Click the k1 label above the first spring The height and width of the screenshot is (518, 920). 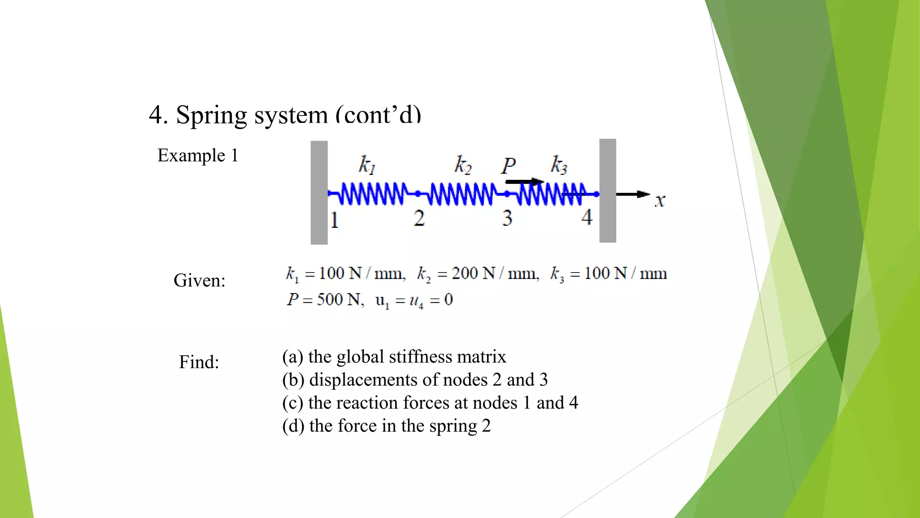(367, 165)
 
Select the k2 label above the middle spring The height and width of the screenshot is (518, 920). (463, 165)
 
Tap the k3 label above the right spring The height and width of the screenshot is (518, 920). (559, 165)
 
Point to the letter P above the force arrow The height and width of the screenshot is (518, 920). (509, 166)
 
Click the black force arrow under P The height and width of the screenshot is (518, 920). (524, 182)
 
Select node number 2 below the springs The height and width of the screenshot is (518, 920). (419, 219)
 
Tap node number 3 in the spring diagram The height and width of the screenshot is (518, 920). (507, 219)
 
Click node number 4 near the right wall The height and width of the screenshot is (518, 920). (587, 218)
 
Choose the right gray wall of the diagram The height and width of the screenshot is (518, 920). (608, 191)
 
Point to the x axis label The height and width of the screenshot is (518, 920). (659, 201)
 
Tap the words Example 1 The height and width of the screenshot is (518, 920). (198, 156)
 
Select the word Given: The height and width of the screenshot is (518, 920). (199, 281)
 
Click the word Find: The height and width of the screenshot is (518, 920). (199, 362)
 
